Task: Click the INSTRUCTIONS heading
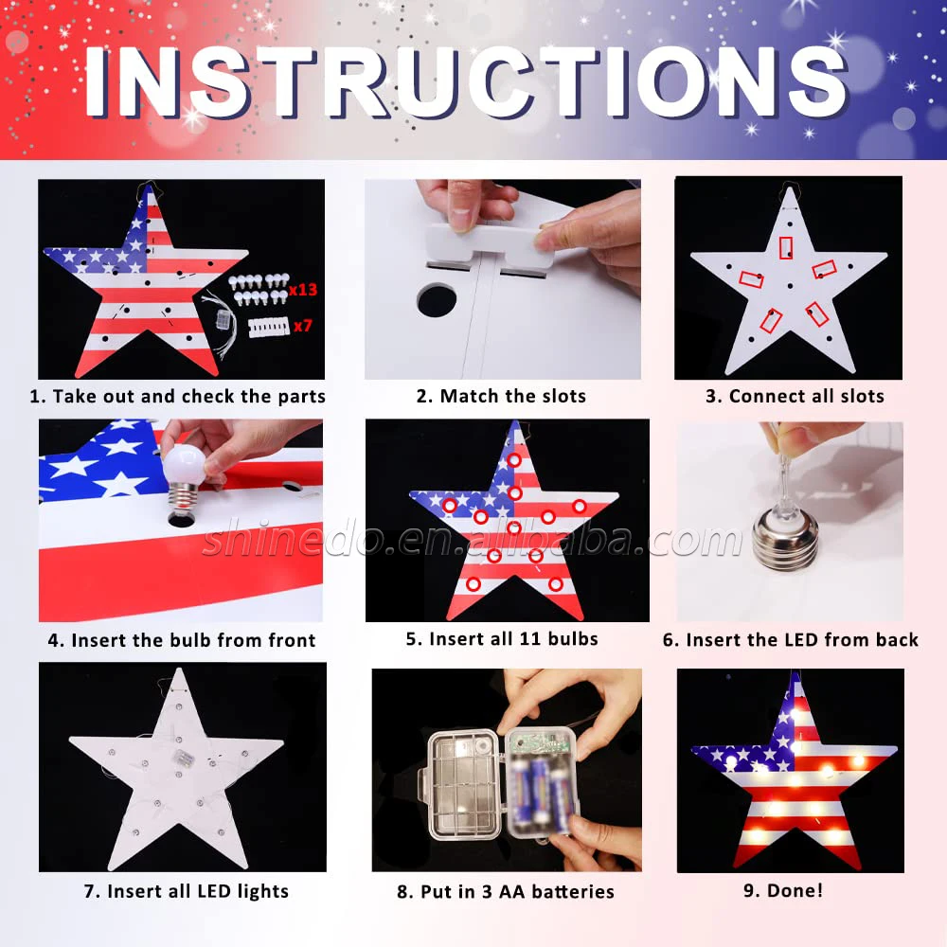466,80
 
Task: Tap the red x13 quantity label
303,289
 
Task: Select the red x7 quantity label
303,326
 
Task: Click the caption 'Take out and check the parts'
189,396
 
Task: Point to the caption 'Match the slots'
512,396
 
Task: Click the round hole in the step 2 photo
436,300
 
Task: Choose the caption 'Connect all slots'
806,396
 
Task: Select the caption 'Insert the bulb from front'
193,640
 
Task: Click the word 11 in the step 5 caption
529,639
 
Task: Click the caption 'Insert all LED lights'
198,891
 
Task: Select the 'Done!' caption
795,890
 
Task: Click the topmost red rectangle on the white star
786,247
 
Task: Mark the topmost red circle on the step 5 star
514,460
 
